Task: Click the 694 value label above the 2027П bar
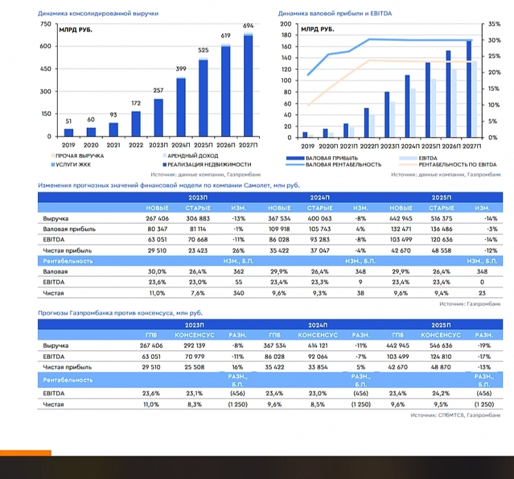[248, 26]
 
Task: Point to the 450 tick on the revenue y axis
[45, 69]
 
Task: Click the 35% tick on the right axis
[494, 24]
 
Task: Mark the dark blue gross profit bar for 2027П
[469, 89]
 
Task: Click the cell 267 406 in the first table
[157, 219]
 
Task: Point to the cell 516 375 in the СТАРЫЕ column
[442, 219]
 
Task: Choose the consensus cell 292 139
[195, 345]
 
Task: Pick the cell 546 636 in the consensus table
[441, 345]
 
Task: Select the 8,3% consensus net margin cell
[195, 404]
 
